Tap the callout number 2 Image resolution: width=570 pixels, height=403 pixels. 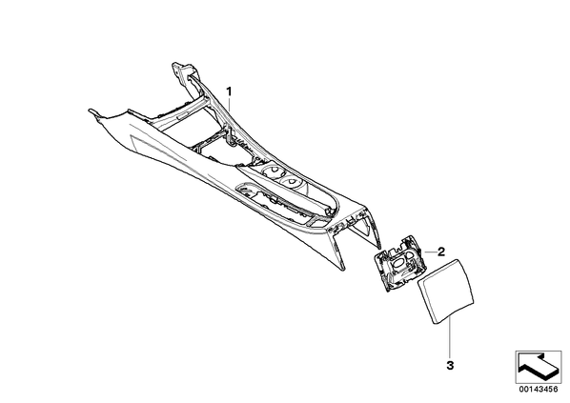[441, 252]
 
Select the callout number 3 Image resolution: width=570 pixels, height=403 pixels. [450, 365]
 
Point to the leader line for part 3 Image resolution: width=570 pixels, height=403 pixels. [450, 337]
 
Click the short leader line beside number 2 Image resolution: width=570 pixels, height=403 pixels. [430, 252]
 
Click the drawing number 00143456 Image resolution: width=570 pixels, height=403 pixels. [539, 389]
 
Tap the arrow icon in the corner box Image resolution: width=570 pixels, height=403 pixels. [538, 366]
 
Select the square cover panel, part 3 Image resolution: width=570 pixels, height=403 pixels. [446, 291]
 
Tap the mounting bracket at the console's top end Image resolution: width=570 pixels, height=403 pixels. [181, 71]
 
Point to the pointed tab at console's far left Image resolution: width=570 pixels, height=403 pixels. [93, 112]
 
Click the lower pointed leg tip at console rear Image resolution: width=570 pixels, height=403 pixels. [342, 269]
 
